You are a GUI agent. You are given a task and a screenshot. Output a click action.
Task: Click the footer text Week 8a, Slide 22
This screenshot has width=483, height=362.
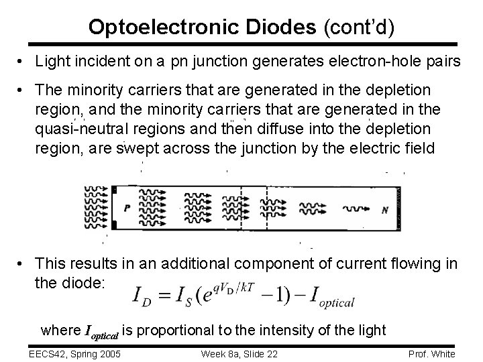[x=239, y=353]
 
